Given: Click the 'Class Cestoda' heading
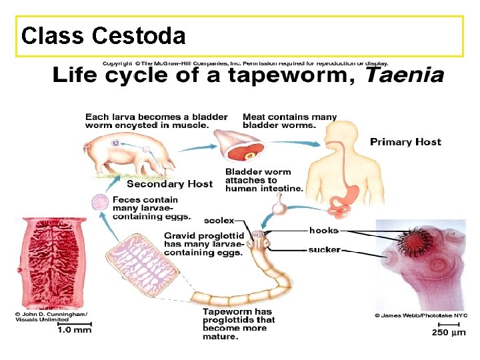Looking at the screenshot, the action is pos(103,36).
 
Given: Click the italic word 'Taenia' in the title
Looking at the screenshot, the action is pos(405,75).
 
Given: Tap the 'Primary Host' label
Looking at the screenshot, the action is pos(405,142).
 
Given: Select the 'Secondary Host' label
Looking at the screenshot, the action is pos(169,184).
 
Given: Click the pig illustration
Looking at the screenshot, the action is pos(129,155).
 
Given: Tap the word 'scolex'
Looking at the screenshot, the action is pos(219,221).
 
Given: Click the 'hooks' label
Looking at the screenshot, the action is pos(324,230).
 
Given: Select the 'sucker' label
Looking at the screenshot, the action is pos(325,250).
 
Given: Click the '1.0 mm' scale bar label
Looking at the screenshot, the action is pos(75,330).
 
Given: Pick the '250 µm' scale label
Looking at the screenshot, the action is pos(449,332).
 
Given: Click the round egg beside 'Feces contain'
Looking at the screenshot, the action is pos(100,203).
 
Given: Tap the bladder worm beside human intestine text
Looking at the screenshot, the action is pos(279,206).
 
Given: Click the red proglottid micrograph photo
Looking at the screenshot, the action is pos(51,263).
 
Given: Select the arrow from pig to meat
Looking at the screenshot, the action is pos(197,148).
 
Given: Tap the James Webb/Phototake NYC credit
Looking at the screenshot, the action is pos(421,315).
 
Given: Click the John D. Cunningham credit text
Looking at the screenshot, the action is pos(51,317).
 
